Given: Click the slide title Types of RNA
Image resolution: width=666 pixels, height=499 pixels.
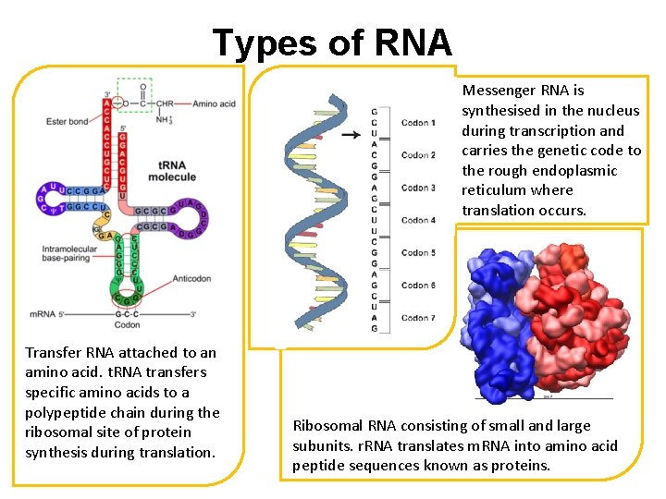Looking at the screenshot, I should click(332, 43).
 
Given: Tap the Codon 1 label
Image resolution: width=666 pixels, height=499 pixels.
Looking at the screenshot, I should click(418, 122).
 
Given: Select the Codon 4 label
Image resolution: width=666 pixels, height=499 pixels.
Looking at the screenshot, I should click(418, 220).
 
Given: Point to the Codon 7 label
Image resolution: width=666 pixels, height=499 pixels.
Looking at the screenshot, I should click(418, 318).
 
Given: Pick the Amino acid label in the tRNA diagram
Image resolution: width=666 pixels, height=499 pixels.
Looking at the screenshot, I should click(215, 103).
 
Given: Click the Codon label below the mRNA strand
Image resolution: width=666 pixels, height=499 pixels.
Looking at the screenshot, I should click(127, 324).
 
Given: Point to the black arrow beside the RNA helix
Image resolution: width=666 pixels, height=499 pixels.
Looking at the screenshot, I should click(351, 135).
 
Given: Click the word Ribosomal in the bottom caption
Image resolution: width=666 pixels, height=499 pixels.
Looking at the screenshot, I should click(327, 425).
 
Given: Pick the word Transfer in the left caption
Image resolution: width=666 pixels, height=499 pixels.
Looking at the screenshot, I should click(52, 352).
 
